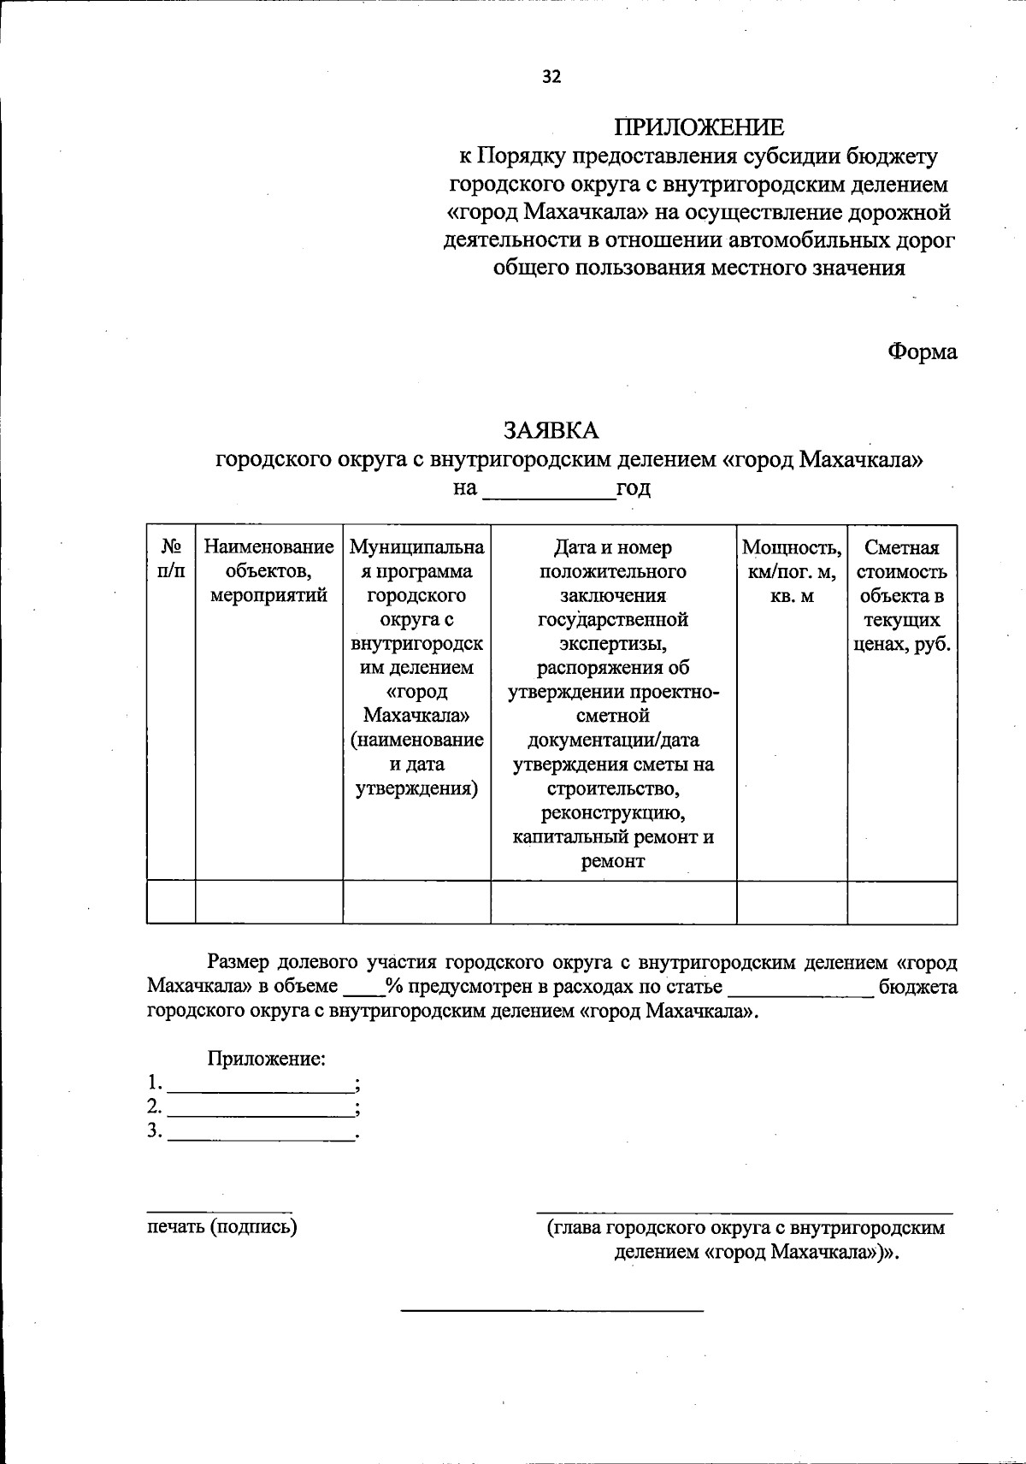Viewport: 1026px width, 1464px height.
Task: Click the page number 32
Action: click(x=551, y=77)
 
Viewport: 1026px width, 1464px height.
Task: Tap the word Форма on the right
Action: click(x=922, y=351)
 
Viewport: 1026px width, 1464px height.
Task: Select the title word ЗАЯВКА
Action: click(x=551, y=428)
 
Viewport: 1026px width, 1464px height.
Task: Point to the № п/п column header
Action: click(x=171, y=558)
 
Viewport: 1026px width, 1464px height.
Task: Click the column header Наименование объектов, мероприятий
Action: click(x=268, y=570)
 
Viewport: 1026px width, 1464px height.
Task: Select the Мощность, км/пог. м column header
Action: click(x=791, y=570)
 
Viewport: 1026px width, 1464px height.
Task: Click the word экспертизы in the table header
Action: click(x=613, y=642)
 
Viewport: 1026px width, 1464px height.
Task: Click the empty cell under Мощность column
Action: click(x=791, y=902)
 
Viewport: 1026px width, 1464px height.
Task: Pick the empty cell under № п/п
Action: click(x=171, y=902)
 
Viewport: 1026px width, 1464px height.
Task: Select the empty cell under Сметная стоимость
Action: click(x=902, y=902)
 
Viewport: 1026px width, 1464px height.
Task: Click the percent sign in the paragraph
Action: click(x=394, y=986)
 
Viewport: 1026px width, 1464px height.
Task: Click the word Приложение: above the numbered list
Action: click(x=266, y=1059)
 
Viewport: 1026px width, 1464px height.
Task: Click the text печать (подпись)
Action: click(x=221, y=1227)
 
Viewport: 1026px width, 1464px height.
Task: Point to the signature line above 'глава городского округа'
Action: click(x=744, y=1213)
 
